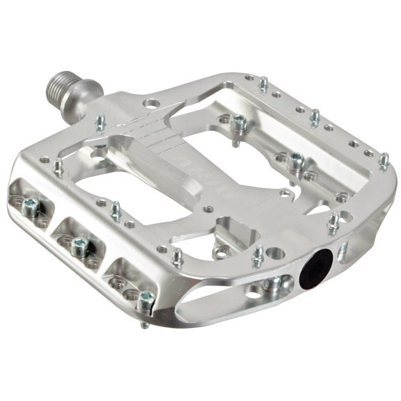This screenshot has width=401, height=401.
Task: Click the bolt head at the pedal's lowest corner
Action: [145, 299]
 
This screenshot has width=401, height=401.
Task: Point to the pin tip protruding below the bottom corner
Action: [142, 324]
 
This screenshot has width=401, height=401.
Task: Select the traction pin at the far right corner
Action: [384, 161]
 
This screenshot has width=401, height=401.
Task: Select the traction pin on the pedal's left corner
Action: [57, 166]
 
